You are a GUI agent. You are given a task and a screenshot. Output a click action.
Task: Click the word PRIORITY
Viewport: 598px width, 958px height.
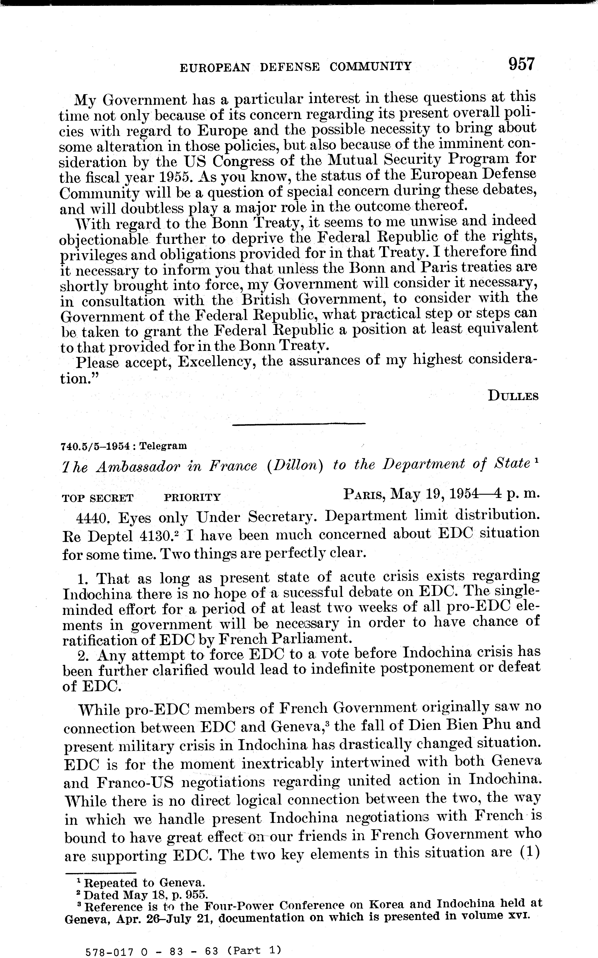tap(192, 498)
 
